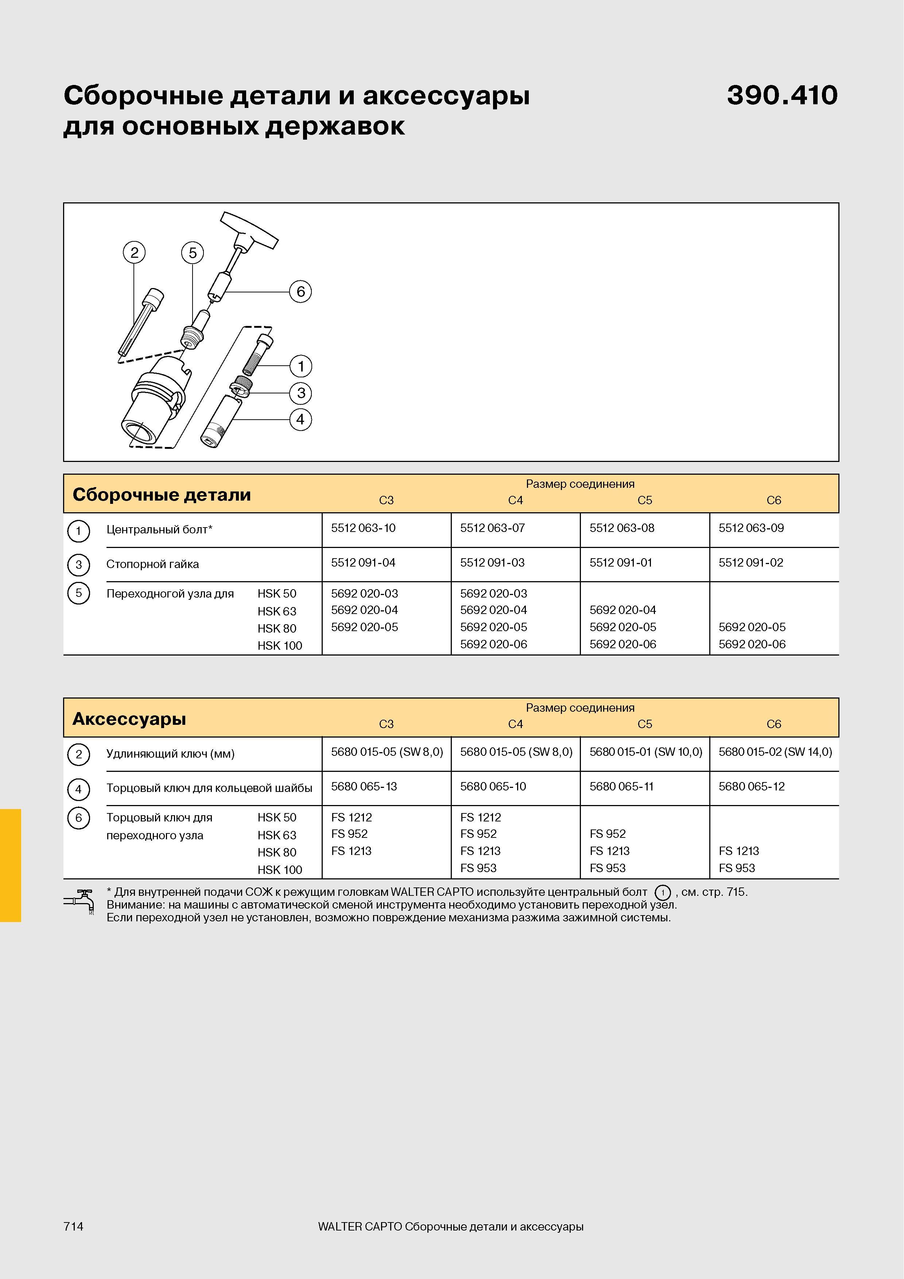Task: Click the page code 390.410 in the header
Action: (x=782, y=95)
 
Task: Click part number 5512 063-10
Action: (x=363, y=528)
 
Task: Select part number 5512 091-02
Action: (x=751, y=563)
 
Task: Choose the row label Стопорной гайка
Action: (x=153, y=564)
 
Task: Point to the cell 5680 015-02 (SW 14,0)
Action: (x=775, y=752)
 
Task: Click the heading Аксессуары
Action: (x=129, y=719)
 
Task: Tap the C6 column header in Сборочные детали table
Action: (x=774, y=500)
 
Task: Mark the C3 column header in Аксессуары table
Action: (x=386, y=724)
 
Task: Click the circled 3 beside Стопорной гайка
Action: (x=78, y=564)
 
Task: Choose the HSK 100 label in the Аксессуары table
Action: (x=280, y=870)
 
